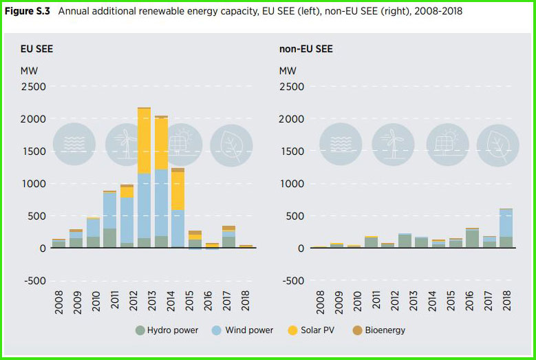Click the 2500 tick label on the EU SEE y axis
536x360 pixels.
coord(33,86)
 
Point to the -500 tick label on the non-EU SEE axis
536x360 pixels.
coord(292,280)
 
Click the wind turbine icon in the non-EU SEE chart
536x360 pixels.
coord(394,145)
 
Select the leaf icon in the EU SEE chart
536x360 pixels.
coord(231,145)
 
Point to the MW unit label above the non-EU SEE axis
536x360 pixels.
coord(288,71)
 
